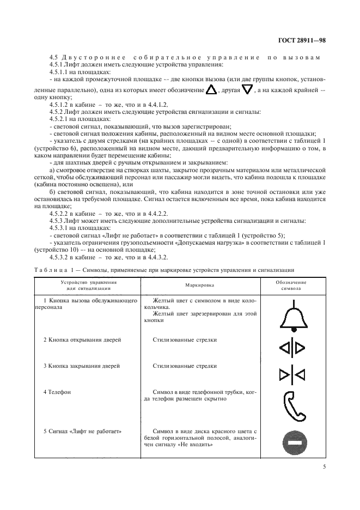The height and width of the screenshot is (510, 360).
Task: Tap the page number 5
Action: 324,466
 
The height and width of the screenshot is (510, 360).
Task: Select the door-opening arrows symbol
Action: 293,347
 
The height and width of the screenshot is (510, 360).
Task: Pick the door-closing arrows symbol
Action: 293,374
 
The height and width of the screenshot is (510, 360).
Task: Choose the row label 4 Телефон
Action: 57,392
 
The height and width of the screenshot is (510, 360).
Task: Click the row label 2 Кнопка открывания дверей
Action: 82,339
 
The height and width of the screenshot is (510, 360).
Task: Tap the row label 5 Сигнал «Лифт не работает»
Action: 82,432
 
